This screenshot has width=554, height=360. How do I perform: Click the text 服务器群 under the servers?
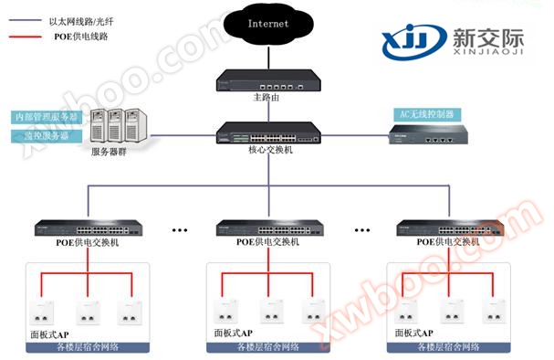point(110,152)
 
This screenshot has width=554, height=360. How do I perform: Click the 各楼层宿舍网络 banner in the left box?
point(89,347)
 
